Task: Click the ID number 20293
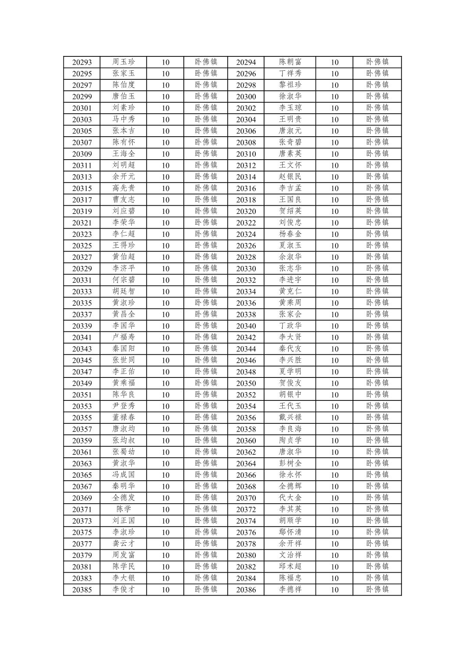(x=82, y=62)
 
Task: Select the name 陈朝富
(x=290, y=62)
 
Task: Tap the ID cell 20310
(x=246, y=154)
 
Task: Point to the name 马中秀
(x=124, y=119)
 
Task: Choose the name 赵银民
(x=290, y=177)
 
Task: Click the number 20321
(x=82, y=223)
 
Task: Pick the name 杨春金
(x=290, y=234)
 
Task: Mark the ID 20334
(x=246, y=292)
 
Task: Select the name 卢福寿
(x=124, y=337)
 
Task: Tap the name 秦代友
(x=290, y=349)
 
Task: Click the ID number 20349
(x=82, y=383)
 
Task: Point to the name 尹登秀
(x=124, y=406)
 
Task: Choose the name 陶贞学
(x=290, y=440)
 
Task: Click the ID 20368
(x=246, y=486)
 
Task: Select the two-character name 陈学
(x=124, y=509)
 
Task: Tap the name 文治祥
(x=290, y=555)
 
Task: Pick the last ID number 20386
(x=246, y=590)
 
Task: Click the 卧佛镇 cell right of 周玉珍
(x=206, y=62)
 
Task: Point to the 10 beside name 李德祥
(x=334, y=590)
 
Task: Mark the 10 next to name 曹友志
(x=166, y=200)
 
